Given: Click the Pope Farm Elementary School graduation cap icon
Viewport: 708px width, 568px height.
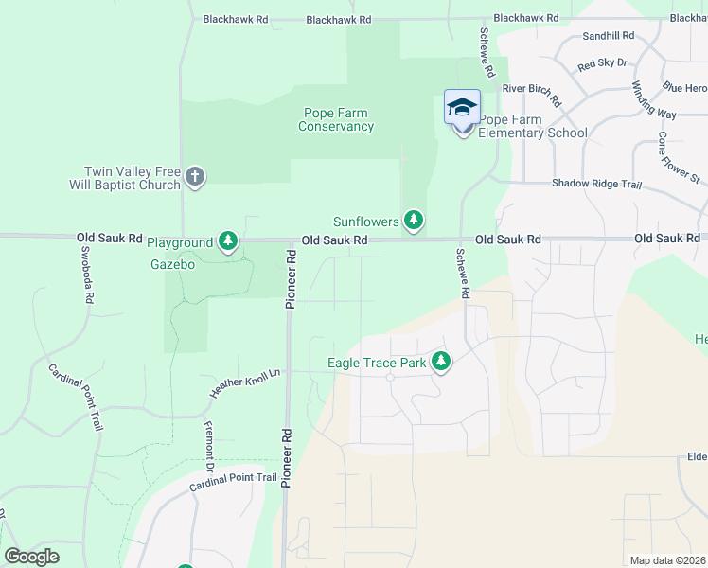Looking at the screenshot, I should coord(462,107).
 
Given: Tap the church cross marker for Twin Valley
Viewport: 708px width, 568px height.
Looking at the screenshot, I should coord(195,175).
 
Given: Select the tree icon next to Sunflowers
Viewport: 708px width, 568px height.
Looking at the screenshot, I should coord(413,221).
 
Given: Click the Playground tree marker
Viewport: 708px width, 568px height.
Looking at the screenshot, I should coord(227,242).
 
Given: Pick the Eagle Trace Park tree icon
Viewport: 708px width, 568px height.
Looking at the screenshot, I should coord(440,362).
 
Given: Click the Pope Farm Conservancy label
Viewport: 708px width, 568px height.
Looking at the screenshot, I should coord(336,119).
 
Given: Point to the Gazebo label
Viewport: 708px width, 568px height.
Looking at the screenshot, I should coord(172,264).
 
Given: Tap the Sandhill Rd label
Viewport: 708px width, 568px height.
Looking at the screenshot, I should coord(609,36).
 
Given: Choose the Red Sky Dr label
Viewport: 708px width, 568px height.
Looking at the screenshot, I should coord(602,63).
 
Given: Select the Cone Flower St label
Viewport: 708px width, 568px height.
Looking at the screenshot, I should coord(678,157).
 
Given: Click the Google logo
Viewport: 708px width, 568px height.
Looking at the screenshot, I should coord(31,557).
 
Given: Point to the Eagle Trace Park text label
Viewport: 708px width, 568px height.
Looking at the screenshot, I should coord(376,362).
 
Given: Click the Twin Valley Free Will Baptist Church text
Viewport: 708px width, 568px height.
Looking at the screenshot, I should coord(133,178).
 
